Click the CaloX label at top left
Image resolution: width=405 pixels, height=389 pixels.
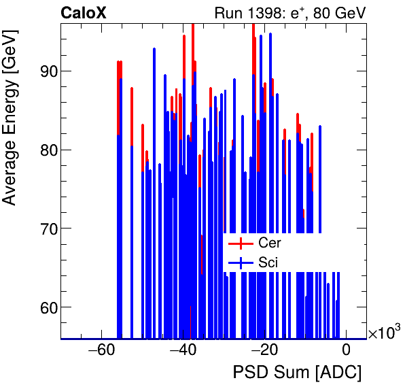tap(83, 13)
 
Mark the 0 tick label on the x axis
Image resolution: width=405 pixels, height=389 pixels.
tap(346, 352)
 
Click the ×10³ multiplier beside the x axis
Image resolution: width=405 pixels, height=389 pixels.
tap(384, 333)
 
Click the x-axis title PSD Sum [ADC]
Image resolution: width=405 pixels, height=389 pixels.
tap(297, 373)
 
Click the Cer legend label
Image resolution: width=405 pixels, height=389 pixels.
tap(269, 243)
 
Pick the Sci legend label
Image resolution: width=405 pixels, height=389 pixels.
tap(268, 262)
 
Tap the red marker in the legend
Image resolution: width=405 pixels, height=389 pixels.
tap(240, 243)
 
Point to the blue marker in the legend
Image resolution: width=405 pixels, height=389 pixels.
tap(240, 262)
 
